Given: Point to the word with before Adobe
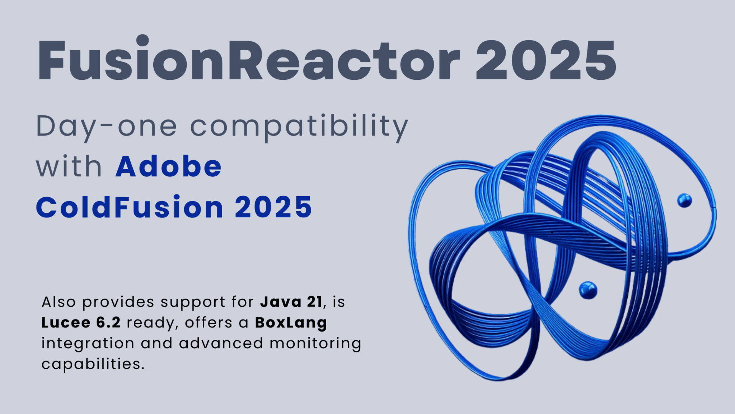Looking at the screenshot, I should (69, 167).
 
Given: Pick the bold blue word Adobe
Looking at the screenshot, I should (168, 167).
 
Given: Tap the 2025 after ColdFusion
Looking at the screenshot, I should (273, 207).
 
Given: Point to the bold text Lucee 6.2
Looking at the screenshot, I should (81, 323).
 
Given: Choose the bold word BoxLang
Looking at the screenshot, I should (291, 323).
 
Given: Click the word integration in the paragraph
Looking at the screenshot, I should (88, 344).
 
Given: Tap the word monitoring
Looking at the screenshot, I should (315, 344).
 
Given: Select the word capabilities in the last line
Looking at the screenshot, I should (93, 364).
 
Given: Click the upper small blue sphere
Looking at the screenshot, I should (684, 201).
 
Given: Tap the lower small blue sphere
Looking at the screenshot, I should (588, 290).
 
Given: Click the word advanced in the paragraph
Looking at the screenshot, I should (221, 344).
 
